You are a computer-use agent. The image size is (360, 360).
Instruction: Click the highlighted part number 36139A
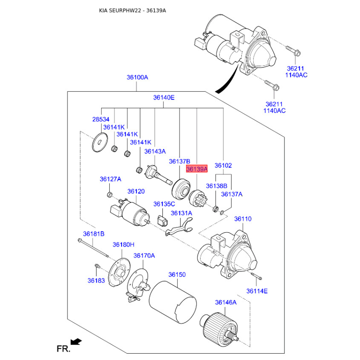click(197, 170)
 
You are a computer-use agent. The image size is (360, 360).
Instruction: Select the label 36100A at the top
click(137, 77)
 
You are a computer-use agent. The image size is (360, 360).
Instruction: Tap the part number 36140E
click(164, 97)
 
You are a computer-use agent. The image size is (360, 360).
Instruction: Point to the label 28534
click(101, 120)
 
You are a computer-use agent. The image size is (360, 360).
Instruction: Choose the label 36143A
click(155, 152)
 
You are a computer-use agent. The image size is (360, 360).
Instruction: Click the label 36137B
click(180, 162)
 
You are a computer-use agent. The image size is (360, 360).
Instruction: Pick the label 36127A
click(110, 179)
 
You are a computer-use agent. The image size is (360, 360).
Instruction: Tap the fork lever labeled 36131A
click(179, 227)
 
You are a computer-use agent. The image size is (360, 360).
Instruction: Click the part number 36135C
click(164, 204)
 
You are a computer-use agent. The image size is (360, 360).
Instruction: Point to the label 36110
click(243, 219)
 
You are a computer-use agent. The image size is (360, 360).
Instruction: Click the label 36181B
click(94, 234)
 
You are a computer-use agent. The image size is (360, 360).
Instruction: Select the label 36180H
click(123, 245)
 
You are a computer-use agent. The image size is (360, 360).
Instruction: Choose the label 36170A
click(144, 256)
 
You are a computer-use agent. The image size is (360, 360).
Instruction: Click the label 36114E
click(257, 291)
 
